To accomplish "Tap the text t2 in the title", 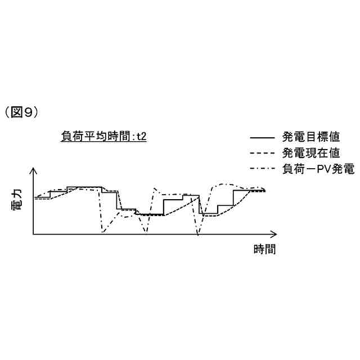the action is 142,136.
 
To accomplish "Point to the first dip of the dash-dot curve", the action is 102,232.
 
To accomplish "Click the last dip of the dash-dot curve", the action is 197,233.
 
